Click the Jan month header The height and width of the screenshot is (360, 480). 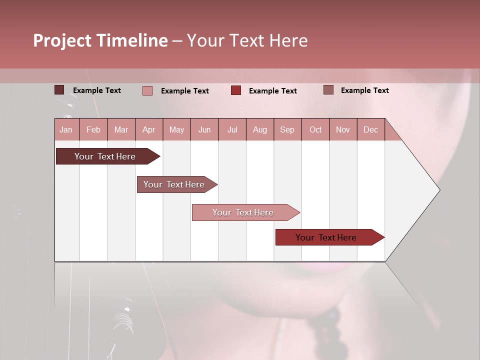pyautogui.click(x=66, y=129)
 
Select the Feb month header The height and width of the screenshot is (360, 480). pyautogui.click(x=93, y=129)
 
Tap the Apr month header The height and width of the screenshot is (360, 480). pyautogui.click(x=149, y=129)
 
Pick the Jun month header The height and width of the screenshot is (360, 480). pyautogui.click(x=204, y=129)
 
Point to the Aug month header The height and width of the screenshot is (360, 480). pyautogui.click(x=260, y=129)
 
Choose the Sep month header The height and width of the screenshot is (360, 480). pyautogui.click(x=287, y=129)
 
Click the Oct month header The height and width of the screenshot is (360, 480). pyautogui.click(x=315, y=129)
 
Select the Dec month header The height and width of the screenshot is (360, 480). pyautogui.click(x=371, y=129)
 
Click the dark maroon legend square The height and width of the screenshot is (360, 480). pyautogui.click(x=59, y=90)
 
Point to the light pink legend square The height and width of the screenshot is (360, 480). pyautogui.click(x=147, y=90)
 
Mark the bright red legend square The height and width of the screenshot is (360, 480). pyautogui.click(x=236, y=90)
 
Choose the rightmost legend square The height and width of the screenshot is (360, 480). pyautogui.click(x=328, y=90)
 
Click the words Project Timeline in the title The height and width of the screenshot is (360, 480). pyautogui.click(x=100, y=40)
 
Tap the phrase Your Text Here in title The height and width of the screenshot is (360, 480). pyautogui.click(x=247, y=40)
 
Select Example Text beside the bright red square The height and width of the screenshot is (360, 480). pyautogui.click(x=273, y=91)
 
